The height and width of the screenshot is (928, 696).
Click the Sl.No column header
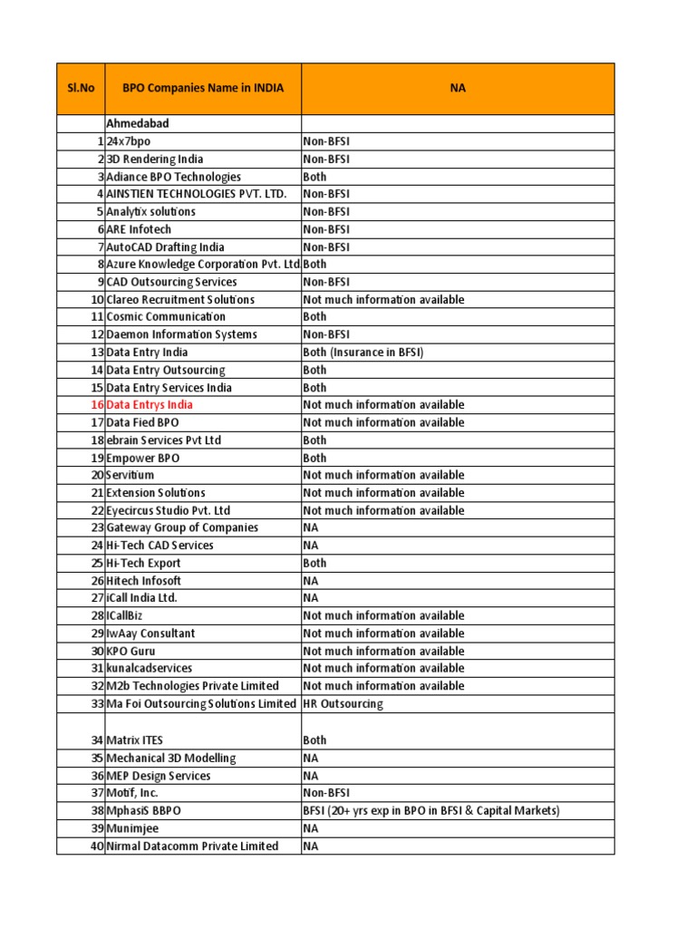(x=81, y=88)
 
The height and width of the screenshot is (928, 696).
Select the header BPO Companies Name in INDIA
(x=203, y=88)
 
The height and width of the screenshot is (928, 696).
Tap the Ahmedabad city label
(x=138, y=123)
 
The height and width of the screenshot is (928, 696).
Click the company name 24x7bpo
(x=129, y=141)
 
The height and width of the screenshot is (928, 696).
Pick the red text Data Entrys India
(x=150, y=405)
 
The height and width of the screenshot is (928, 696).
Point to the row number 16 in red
(x=97, y=405)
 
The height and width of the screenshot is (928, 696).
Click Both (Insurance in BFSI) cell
(x=363, y=353)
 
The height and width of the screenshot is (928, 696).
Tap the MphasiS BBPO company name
(x=143, y=811)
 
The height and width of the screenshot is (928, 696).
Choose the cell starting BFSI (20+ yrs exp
(x=431, y=811)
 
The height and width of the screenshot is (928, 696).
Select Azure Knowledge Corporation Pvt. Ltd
(x=203, y=265)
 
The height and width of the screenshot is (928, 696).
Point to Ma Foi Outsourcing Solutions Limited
(x=201, y=704)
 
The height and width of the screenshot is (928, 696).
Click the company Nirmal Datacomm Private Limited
(x=192, y=846)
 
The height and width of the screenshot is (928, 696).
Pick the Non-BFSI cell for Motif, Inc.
(x=326, y=793)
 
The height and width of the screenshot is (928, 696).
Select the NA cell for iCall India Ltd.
(x=311, y=598)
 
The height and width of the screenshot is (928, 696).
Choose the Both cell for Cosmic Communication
(x=315, y=317)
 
